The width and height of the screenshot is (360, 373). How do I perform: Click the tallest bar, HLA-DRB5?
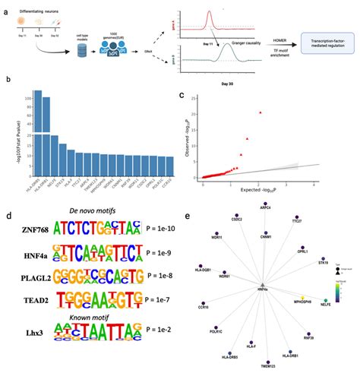click(x=37, y=129)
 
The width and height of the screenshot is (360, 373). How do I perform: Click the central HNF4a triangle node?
click(x=262, y=283)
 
